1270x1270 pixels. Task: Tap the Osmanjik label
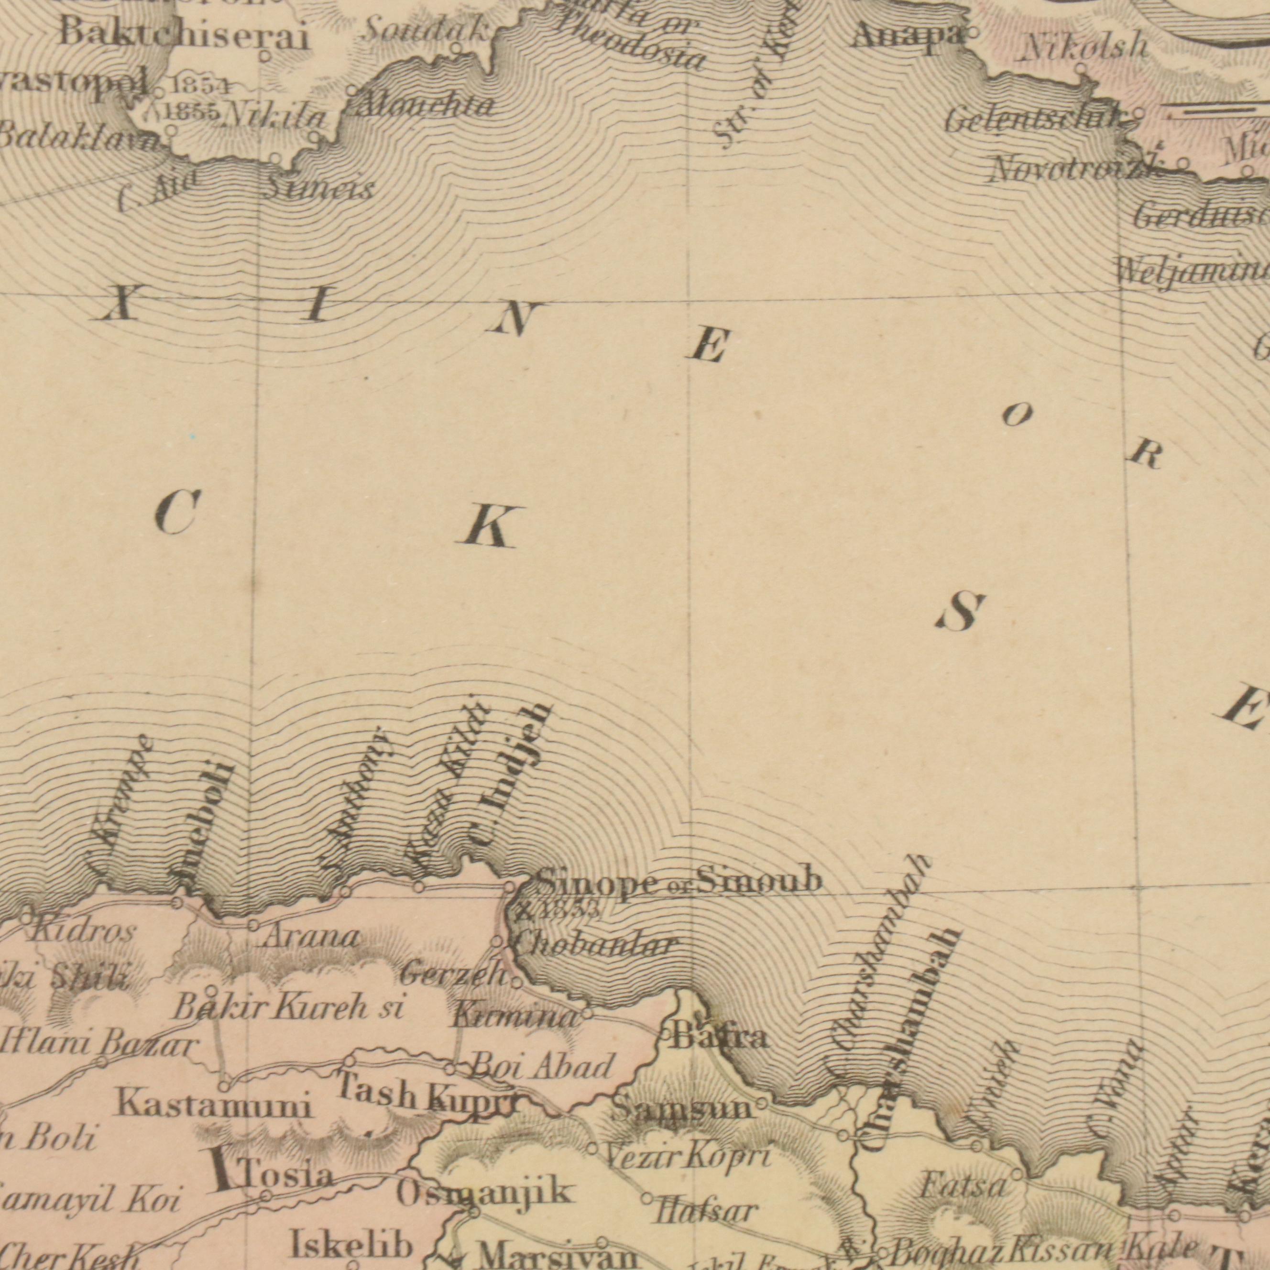(x=484, y=1175)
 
